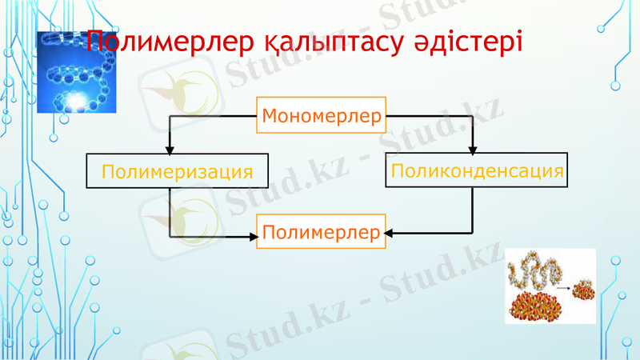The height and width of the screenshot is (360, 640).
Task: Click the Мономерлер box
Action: click(x=321, y=117)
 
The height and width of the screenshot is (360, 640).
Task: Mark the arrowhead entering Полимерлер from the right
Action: click(x=390, y=234)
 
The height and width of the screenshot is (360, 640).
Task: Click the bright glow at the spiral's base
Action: click(x=77, y=99)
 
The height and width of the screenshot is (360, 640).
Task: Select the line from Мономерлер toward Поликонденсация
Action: click(x=432, y=117)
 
